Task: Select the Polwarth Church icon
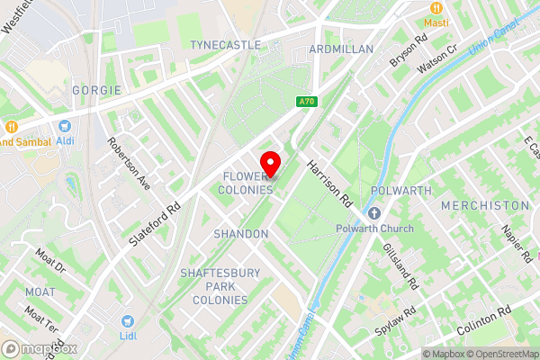375,213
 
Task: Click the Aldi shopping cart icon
65,128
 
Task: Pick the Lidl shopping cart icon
129,321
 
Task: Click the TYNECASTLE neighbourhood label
225,44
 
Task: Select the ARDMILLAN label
341,49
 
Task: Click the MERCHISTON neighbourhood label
485,206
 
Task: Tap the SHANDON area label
241,234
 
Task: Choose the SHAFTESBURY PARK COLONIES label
214,286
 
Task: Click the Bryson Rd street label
407,54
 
